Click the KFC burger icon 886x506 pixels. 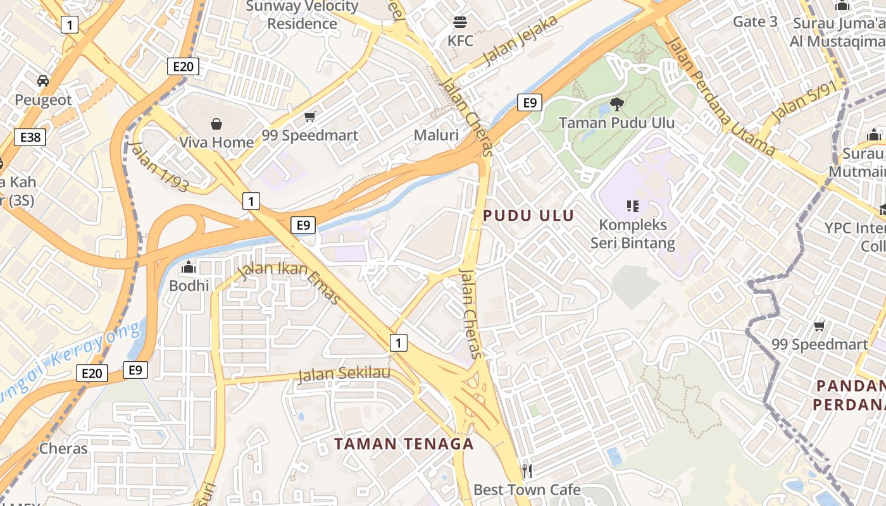pos(460,23)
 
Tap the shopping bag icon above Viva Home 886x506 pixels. pos(216,123)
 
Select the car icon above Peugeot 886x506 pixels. pos(43,81)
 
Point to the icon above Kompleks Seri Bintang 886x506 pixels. pos(632,206)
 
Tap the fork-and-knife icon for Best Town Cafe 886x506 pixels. pos(527,471)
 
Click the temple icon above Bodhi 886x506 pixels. pos(189,268)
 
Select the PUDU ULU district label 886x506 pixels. pos(529,216)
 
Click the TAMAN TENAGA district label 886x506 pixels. pos(404,444)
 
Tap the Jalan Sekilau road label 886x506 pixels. pos(344,374)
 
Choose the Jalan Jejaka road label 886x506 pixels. pos(521,40)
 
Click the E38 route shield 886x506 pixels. pos(30,137)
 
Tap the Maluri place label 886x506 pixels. pos(436,135)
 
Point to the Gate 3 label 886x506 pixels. pos(755,22)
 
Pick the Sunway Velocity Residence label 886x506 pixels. pos(303,15)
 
